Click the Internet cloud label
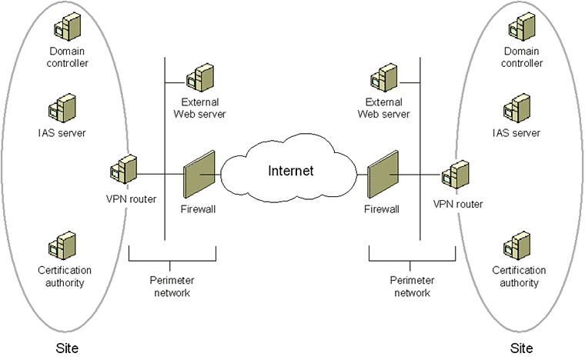click(291, 170)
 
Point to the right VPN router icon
click(455, 175)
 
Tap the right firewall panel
click(381, 178)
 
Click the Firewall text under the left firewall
click(197, 209)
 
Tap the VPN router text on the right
click(459, 205)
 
